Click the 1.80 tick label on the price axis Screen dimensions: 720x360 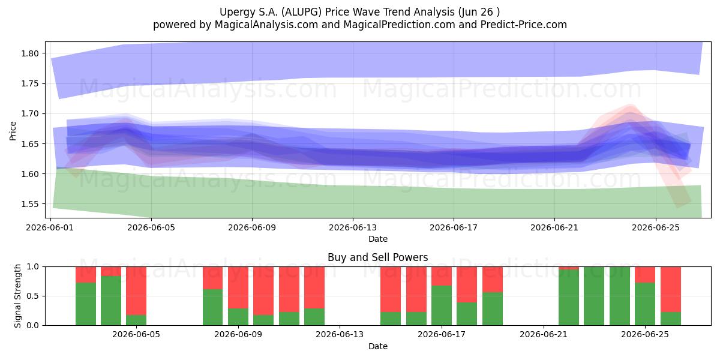coord(30,53)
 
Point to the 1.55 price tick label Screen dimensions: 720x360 coord(30,204)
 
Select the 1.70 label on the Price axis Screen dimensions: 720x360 coord(30,114)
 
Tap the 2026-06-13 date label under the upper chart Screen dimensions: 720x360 coord(353,227)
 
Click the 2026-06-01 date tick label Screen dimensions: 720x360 coord(50,227)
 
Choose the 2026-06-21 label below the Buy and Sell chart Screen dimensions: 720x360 coord(544,335)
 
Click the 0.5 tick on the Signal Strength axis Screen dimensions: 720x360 coord(32,296)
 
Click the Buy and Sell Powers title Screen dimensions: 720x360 coord(377,257)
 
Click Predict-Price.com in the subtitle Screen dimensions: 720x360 coord(524,25)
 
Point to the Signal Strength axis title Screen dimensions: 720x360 coord(17,296)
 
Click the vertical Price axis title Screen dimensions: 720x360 coord(13,131)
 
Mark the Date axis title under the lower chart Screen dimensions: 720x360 coord(377,347)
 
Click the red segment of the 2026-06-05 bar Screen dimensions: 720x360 coord(136,290)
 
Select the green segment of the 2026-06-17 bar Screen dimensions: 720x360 coord(442,305)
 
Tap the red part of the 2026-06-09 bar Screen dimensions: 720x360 coord(238,287)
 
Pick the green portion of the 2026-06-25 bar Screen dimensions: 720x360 coord(645,304)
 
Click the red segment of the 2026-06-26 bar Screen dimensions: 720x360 coord(671,289)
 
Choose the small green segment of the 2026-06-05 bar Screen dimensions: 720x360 coord(136,320)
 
